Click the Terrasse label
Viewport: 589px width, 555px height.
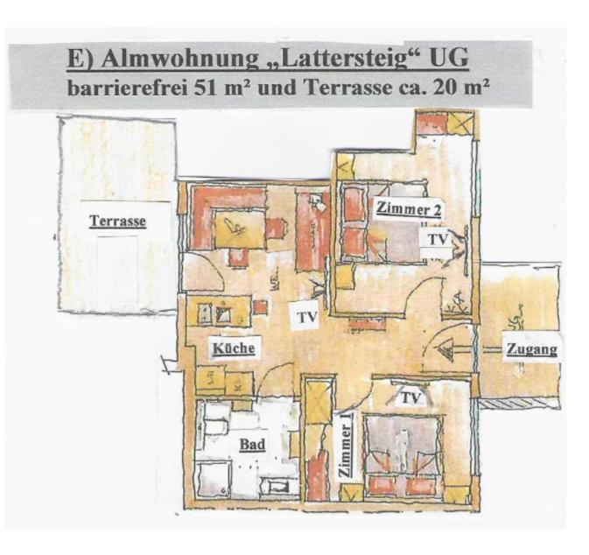[117, 221]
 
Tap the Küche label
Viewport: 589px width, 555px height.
[234, 348]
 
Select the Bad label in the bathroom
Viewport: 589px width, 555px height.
[252, 445]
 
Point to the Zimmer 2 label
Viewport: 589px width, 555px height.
[409, 209]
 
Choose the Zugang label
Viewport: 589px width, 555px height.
[532, 349]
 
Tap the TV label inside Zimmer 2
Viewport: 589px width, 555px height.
[438, 239]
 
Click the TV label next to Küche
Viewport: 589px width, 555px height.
[307, 318]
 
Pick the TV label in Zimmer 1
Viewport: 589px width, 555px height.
[410, 397]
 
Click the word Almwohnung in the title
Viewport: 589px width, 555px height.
[180, 59]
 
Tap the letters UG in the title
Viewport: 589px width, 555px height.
[449, 59]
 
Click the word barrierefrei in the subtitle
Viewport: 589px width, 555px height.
[127, 88]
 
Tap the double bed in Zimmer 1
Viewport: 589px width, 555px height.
[403, 457]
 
